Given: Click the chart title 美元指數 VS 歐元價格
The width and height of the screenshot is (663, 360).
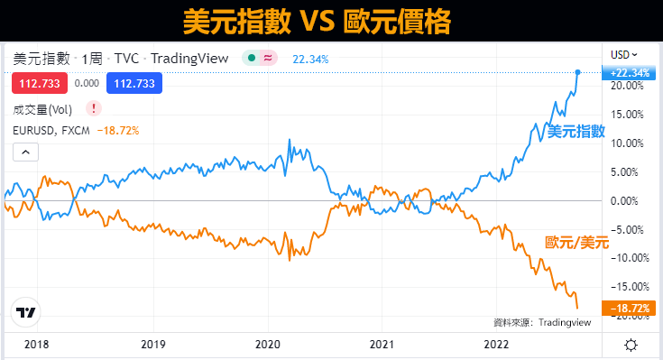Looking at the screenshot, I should click(331, 21).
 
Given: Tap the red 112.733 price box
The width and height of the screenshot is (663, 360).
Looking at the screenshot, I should click(34, 83).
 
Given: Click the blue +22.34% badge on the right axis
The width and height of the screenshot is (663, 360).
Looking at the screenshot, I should click(630, 72).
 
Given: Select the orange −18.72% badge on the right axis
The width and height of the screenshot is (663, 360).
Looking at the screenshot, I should click(630, 309).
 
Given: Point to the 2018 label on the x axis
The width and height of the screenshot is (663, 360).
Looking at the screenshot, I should click(37, 345).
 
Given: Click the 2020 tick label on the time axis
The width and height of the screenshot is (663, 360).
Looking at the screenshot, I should click(269, 345).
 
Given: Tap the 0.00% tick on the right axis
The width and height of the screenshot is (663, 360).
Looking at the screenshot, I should click(628, 200).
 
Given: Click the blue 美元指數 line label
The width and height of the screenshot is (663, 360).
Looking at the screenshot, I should click(577, 132).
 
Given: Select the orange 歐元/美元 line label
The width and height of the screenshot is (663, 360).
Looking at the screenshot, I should click(577, 242).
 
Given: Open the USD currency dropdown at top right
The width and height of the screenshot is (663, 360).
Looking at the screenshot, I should click(624, 53).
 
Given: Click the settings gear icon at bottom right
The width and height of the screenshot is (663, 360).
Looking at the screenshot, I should click(631, 345).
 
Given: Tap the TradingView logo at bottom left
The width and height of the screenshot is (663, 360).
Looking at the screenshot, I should click(26, 313).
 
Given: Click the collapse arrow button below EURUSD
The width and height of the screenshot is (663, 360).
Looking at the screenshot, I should click(25, 152).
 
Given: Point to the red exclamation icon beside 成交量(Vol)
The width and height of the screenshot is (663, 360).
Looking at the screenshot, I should click(96, 109).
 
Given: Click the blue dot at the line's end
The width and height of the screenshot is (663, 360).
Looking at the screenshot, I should click(577, 72).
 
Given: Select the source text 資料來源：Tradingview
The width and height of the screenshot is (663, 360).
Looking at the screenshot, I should click(540, 322).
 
